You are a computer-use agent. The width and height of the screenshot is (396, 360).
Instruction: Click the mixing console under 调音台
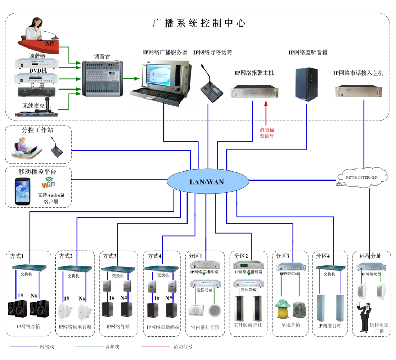point(103,78)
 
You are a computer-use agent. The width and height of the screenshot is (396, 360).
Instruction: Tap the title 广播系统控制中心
point(199,23)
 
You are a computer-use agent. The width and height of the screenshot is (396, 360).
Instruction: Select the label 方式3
point(110,256)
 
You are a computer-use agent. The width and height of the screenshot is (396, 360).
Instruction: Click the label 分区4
point(323,256)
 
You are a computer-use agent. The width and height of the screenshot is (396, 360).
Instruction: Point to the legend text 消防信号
point(183,347)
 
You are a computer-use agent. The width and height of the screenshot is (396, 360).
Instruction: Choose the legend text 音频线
point(112,347)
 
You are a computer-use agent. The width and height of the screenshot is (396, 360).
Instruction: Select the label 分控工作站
point(37,130)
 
